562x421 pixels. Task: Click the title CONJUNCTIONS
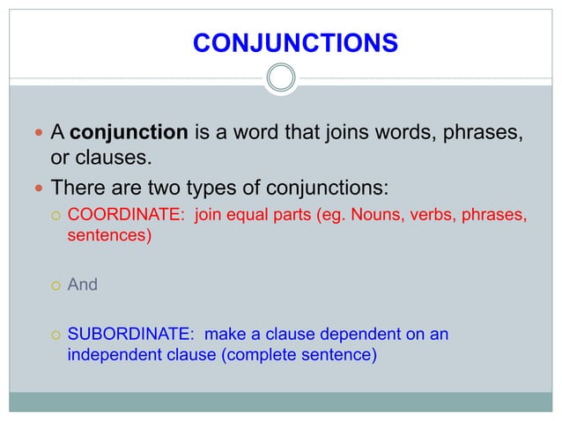click(294, 42)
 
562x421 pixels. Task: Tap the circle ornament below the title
click(281, 79)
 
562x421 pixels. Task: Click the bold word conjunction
click(128, 135)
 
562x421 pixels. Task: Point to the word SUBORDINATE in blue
click(129, 335)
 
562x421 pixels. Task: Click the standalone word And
click(83, 285)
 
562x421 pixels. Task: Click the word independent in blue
click(115, 356)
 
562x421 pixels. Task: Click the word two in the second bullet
click(166, 188)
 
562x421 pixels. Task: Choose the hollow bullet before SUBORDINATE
click(55, 336)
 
